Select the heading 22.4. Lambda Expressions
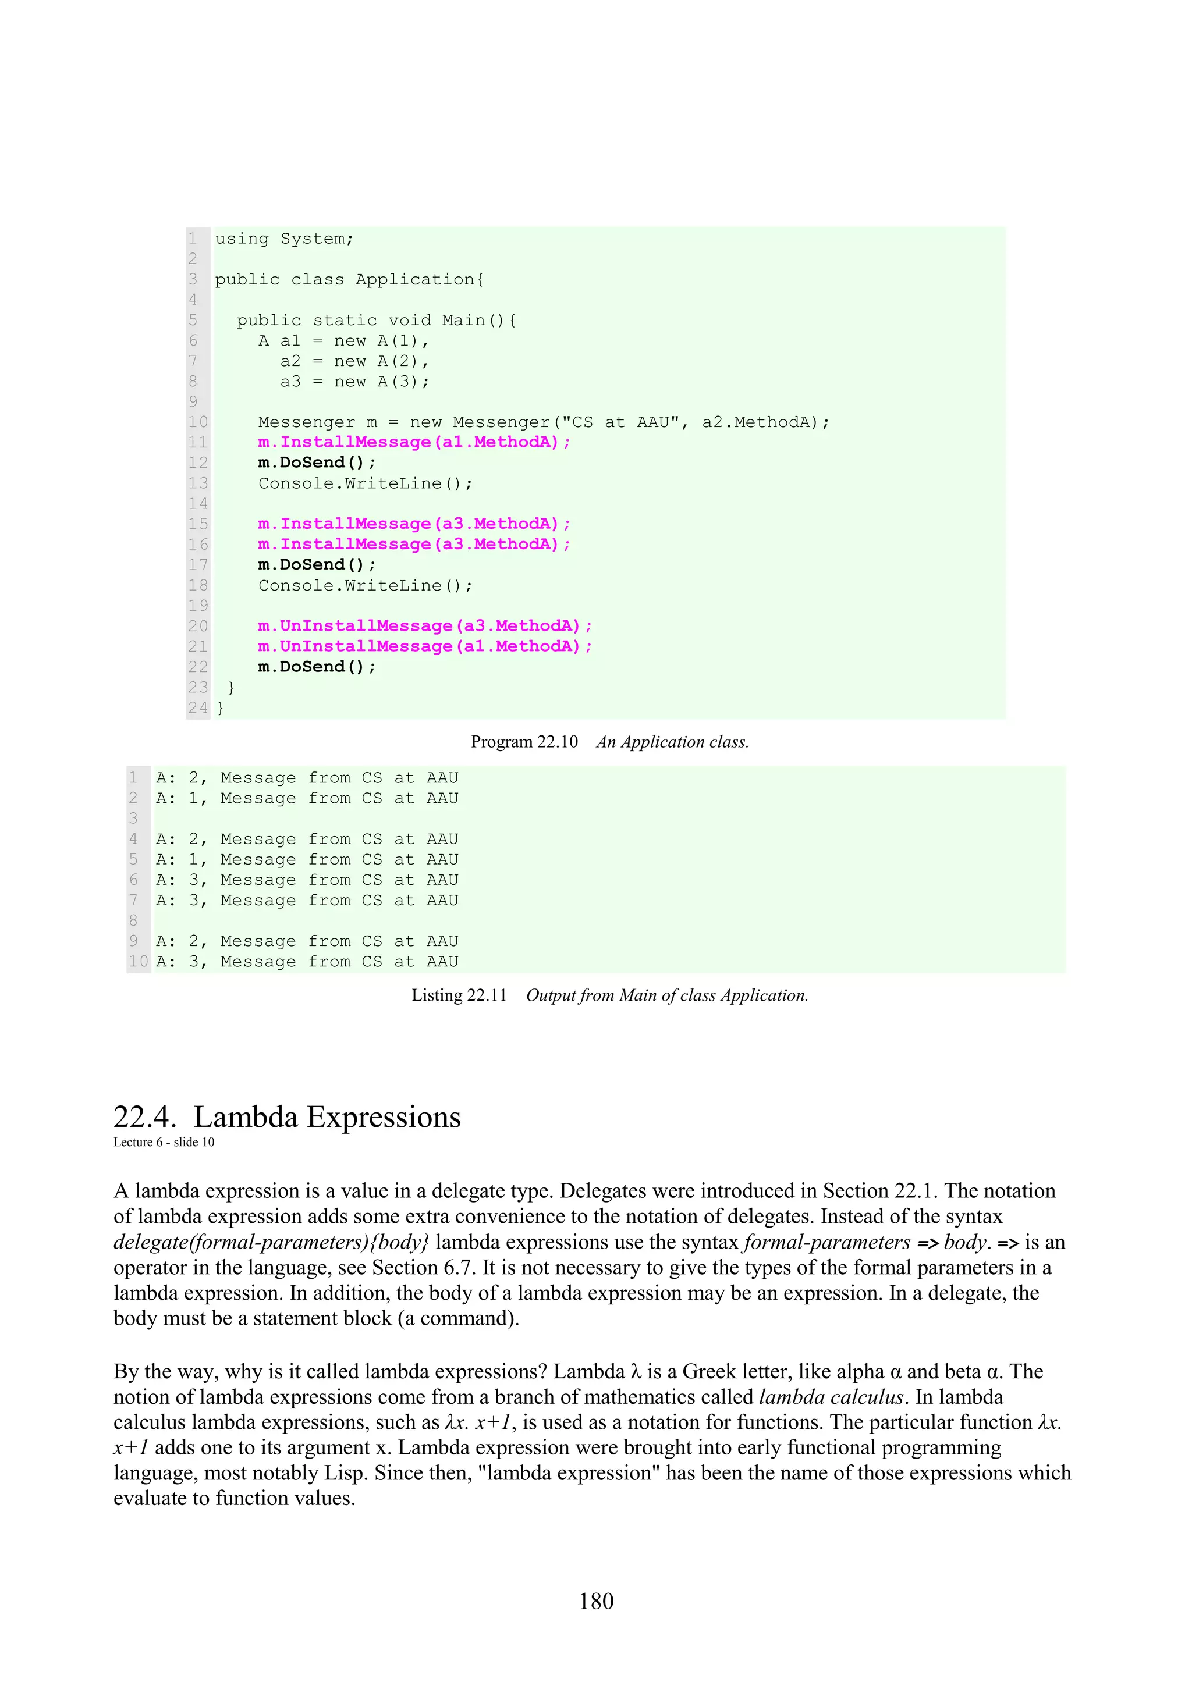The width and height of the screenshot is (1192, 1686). pyautogui.click(x=287, y=1117)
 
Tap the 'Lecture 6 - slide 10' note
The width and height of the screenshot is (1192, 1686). pyautogui.click(x=164, y=1142)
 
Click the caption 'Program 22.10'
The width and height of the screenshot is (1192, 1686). pyautogui.click(x=524, y=742)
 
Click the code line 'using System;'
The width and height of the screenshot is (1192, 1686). pyautogui.click(x=284, y=239)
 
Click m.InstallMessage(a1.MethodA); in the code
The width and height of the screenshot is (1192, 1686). pyautogui.click(x=413, y=442)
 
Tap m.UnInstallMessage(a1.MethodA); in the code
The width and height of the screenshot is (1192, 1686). pyautogui.click(x=424, y=646)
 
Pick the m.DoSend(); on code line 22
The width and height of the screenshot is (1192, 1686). pyautogui.click(x=317, y=667)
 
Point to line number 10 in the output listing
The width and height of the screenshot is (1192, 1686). pyautogui.click(x=138, y=961)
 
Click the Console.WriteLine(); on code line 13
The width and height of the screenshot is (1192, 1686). pyautogui.click(x=365, y=483)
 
